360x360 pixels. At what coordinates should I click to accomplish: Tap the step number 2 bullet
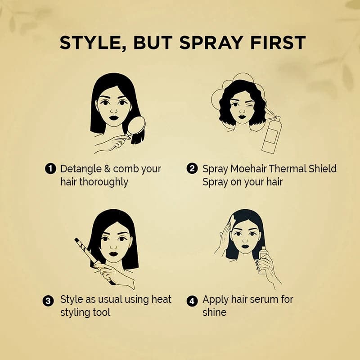(x=192, y=169)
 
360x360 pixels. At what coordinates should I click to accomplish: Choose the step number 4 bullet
(x=192, y=300)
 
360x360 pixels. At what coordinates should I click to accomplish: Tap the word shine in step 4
(x=215, y=312)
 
